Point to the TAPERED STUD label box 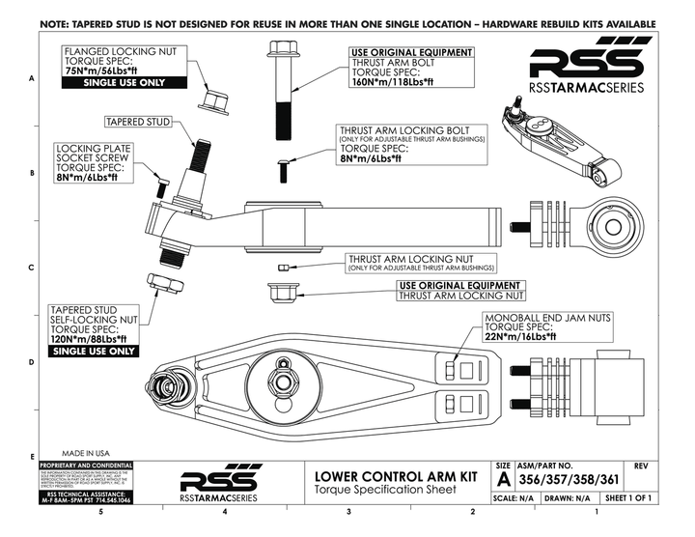point(139,123)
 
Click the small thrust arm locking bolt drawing point(284,170)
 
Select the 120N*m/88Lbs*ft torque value point(92,338)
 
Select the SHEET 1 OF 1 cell point(636,498)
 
